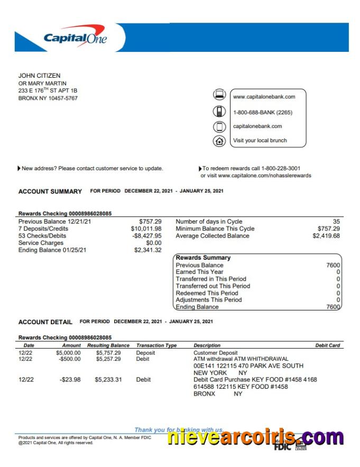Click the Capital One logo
click(75, 38)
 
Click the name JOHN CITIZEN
click(39, 76)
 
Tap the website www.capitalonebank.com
click(264, 97)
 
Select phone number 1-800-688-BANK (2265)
click(262, 112)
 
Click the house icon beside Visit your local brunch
click(219, 141)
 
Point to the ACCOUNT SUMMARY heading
click(50, 191)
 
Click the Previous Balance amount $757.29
click(150, 222)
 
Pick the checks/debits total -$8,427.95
click(147, 236)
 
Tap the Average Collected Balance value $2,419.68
click(326, 236)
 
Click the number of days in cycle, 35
click(337, 222)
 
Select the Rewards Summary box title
click(203, 258)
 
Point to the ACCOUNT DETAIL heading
click(45, 322)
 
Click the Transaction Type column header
click(156, 345)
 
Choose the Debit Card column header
click(327, 345)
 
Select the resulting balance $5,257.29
click(108, 359)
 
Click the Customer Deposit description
click(216, 353)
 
